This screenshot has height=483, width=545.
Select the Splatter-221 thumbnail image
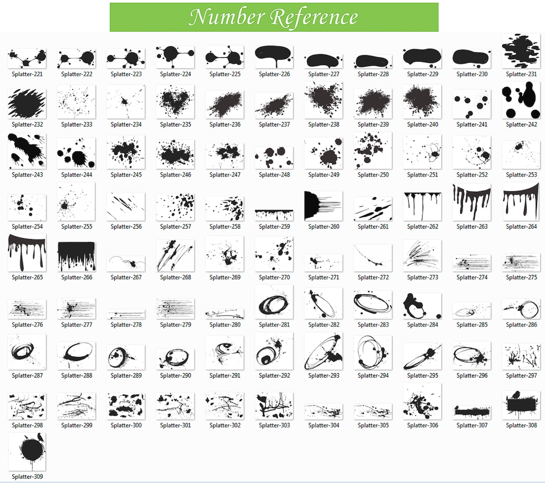[x=27, y=58]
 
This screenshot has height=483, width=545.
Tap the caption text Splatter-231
[x=521, y=74]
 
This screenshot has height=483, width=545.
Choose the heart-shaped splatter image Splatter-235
[x=175, y=101]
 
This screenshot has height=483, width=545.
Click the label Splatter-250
[x=373, y=175]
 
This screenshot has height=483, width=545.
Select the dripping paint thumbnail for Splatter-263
[x=472, y=202]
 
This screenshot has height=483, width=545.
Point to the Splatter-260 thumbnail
[x=324, y=206]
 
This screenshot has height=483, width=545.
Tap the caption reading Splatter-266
[x=76, y=277]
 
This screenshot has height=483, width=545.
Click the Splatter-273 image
[x=422, y=255]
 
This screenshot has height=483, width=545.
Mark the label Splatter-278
[x=126, y=325]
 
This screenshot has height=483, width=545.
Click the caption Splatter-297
[x=521, y=376]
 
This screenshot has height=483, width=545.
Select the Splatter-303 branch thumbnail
[x=274, y=406]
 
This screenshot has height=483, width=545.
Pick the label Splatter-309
[x=27, y=477]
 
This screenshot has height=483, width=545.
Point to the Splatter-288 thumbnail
[x=76, y=355]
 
